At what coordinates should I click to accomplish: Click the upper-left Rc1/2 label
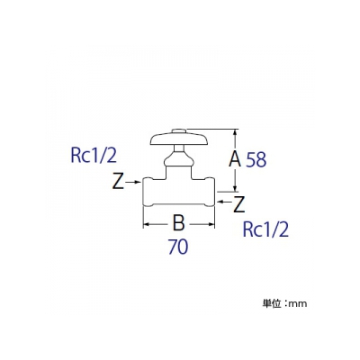94,157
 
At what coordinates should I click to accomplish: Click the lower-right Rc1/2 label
265,229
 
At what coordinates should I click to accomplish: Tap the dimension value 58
256,159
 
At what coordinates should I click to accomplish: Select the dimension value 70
178,247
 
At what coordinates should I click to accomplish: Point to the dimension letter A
235,158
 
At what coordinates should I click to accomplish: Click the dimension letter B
179,223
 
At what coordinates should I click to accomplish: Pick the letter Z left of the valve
118,182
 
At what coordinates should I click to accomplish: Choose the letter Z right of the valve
239,204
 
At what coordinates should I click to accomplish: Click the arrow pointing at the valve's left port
133,182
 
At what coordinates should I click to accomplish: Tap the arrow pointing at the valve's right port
224,202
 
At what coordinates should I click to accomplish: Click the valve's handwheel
179,140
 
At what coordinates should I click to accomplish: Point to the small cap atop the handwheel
179,131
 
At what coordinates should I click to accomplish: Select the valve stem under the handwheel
179,148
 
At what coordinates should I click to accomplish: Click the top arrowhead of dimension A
236,133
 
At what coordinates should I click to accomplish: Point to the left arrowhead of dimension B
147,224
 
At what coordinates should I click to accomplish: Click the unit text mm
297,304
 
